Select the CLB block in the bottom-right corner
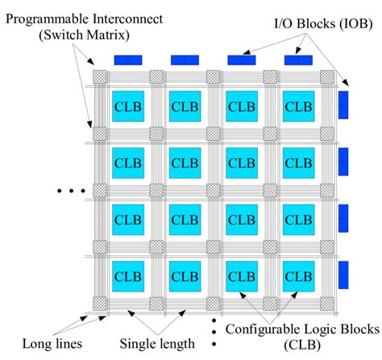pyautogui.click(x=297, y=275)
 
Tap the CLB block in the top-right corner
pyautogui.click(x=297, y=106)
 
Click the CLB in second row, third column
pyautogui.click(x=241, y=162)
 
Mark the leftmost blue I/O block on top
pyautogui.click(x=127, y=60)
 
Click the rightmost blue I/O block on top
pyautogui.click(x=297, y=60)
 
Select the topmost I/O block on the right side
pyautogui.click(x=343, y=105)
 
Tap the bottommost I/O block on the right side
pyautogui.click(x=343, y=275)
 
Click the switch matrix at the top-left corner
pyautogui.click(x=99, y=77)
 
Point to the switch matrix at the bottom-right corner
pyautogui.click(x=326, y=303)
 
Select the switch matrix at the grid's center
pyautogui.click(x=213, y=190)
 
